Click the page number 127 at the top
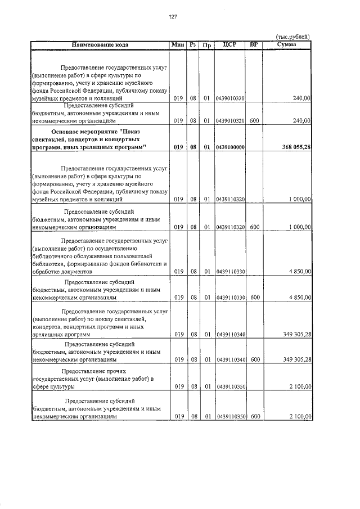(173, 16)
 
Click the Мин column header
(178, 44)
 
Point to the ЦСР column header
(229, 44)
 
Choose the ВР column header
(254, 44)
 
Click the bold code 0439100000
(230, 147)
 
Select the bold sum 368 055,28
(296, 147)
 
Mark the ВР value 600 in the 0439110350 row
(255, 417)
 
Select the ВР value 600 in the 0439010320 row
(255, 120)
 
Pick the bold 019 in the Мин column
(179, 147)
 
